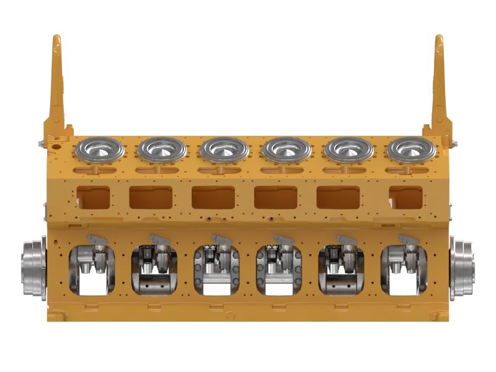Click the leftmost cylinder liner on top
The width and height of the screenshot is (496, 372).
tap(99, 149)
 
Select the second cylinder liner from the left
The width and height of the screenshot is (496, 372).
tap(162, 149)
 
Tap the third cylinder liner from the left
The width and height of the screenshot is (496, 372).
tap(224, 149)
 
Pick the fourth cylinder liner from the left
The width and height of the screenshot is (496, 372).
tap(287, 149)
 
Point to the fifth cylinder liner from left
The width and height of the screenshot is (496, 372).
tap(348, 149)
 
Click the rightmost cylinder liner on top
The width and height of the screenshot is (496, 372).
tap(410, 149)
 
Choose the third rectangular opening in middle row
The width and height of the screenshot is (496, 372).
tap(213, 197)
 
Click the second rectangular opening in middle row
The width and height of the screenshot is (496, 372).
tap(151, 197)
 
